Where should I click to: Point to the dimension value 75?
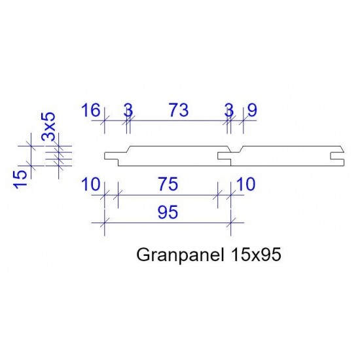click(x=168, y=185)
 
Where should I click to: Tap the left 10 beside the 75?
click(x=90, y=185)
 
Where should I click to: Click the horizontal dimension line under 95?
click(x=168, y=224)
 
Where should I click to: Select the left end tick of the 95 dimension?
click(x=104, y=224)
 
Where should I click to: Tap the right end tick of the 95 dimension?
click(x=230, y=224)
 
